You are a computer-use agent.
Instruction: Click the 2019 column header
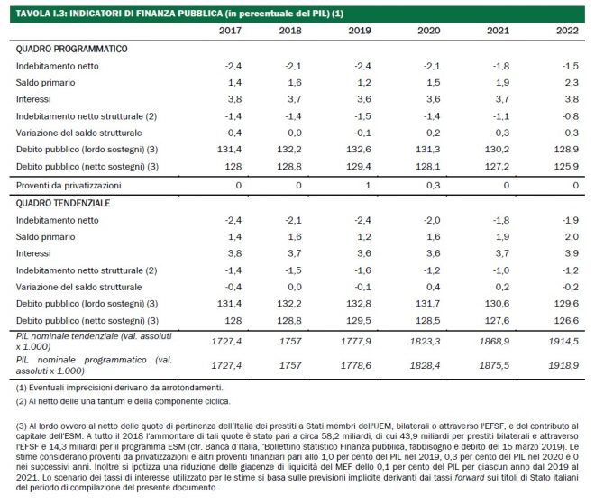[x=360, y=31]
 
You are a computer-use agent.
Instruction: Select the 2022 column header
[x=567, y=31]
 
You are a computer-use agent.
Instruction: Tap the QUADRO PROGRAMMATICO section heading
[x=71, y=49]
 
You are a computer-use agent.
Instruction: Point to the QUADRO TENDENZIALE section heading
[x=63, y=204]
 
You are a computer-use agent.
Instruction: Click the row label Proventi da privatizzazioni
[x=69, y=186]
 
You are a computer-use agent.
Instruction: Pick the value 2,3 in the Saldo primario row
[x=572, y=83]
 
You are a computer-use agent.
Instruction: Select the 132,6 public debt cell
[x=359, y=150]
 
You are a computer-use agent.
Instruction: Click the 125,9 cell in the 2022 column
[x=566, y=166]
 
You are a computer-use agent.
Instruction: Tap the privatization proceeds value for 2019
[x=368, y=186]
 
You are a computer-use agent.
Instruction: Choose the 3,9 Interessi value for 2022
[x=572, y=253]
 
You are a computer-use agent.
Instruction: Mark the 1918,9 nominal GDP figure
[x=563, y=365]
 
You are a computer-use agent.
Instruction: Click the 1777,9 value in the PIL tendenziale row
[x=356, y=341]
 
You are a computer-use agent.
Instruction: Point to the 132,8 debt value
[x=359, y=304]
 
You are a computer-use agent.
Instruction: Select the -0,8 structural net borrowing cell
[x=571, y=116]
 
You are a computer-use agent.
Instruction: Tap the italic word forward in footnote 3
[x=470, y=477]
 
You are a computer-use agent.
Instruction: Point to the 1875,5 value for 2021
[x=494, y=365]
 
